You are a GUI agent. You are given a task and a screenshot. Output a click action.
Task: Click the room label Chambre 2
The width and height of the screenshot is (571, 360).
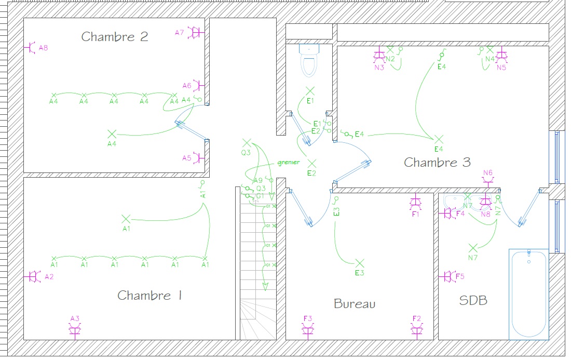(115, 37)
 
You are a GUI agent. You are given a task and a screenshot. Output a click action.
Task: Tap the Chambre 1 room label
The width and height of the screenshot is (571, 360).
(150, 296)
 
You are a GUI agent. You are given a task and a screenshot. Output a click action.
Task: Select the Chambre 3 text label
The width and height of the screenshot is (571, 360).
(437, 163)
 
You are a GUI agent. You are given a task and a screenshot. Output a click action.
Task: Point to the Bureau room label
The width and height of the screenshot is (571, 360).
(355, 304)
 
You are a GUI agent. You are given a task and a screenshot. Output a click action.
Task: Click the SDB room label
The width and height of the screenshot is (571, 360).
(473, 300)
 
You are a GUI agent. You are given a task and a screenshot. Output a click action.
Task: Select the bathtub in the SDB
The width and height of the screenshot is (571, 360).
(529, 294)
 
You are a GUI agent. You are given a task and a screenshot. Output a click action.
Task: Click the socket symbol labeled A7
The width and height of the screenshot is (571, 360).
(197, 33)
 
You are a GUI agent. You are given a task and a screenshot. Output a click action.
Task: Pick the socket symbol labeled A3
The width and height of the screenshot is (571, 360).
(75, 329)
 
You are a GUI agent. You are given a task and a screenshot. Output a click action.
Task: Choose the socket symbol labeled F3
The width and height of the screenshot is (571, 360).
(308, 329)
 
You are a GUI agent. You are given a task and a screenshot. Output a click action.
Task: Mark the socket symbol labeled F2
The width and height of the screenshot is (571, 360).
(416, 329)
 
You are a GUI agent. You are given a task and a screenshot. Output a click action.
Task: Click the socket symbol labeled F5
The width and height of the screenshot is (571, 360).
(448, 277)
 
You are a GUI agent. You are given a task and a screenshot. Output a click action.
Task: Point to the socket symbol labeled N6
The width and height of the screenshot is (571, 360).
(488, 180)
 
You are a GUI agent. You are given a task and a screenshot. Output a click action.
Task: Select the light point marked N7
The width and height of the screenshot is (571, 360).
(472, 248)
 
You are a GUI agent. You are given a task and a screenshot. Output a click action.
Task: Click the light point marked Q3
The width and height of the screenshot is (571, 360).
(247, 142)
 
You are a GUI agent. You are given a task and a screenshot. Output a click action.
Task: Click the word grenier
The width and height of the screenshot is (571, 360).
(288, 163)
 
